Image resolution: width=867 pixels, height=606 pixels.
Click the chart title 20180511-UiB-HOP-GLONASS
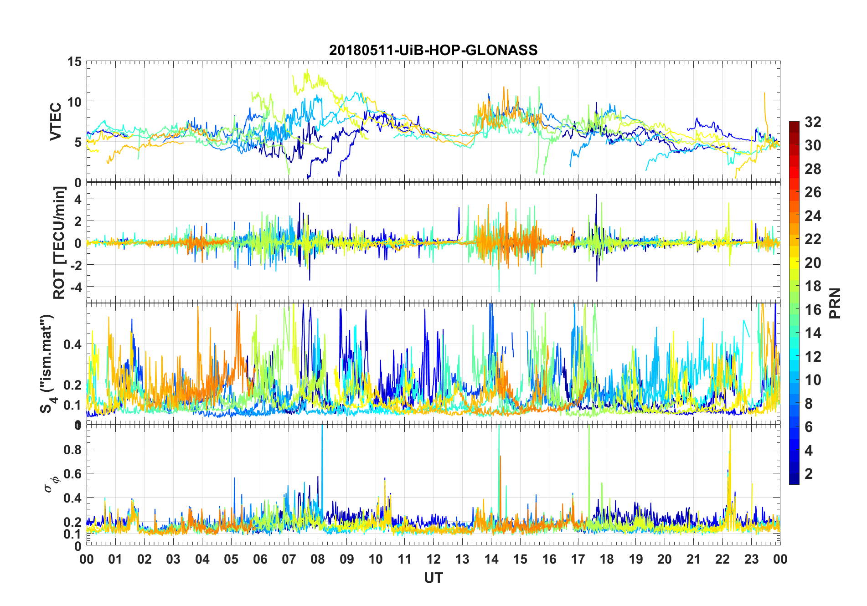(433, 50)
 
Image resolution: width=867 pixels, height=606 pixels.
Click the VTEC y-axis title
(56, 122)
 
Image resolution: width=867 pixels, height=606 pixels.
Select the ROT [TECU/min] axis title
(59, 242)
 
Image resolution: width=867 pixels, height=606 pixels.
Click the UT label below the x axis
(433, 578)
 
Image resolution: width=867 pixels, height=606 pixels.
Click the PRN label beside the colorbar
(835, 303)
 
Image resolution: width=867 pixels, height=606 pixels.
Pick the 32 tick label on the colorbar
(813, 122)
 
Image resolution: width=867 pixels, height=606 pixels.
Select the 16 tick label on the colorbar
(813, 310)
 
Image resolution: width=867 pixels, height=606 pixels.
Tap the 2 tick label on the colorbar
(809, 474)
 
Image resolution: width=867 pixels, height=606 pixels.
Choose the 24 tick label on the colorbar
(813, 216)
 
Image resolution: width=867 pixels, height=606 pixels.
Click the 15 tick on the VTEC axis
(74, 62)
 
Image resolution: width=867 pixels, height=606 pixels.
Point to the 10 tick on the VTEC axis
(74, 102)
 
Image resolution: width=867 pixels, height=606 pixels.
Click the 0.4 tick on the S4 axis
(72, 344)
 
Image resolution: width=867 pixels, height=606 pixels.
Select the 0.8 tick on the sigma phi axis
(72, 450)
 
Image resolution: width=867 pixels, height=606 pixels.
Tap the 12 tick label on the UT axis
(433, 559)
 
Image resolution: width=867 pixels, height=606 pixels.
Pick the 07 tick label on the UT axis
(289, 559)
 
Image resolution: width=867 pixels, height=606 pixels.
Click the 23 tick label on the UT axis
(751, 559)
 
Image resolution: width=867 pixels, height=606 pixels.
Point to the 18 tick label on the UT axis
(607, 559)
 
